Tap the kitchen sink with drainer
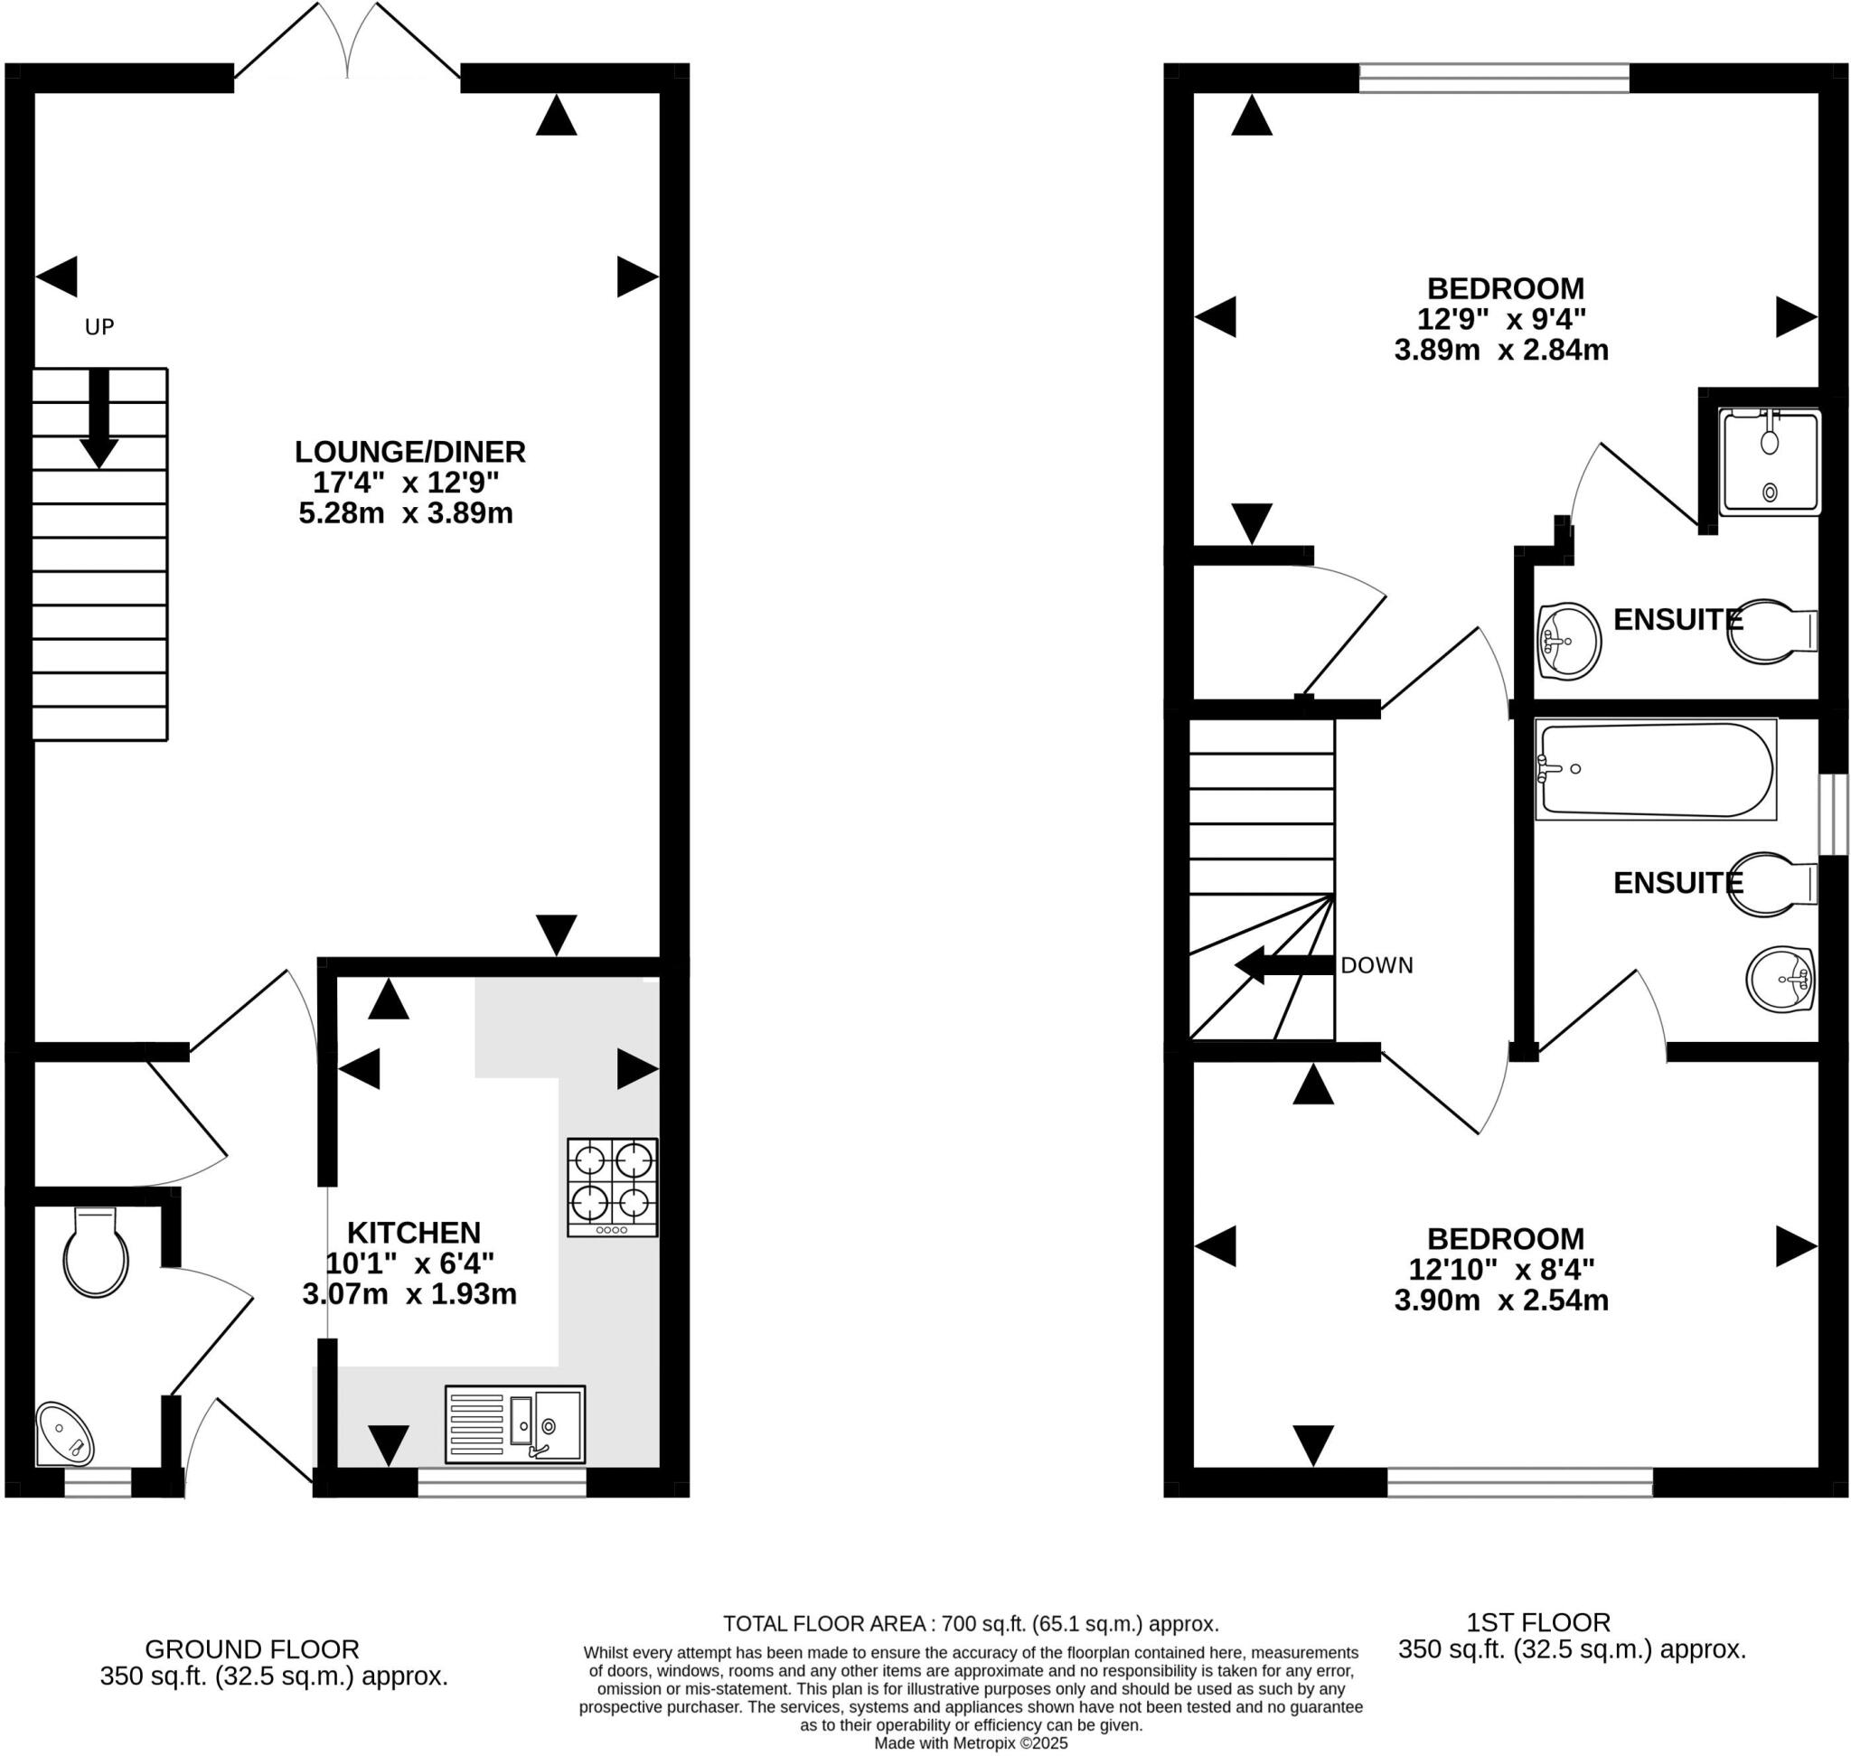(514, 1423)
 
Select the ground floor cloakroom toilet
(95, 1254)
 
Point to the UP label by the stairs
(99, 326)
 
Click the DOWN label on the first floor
(1376, 965)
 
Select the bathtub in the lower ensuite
(1654, 769)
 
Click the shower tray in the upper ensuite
(1770, 463)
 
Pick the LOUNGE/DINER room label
(410, 452)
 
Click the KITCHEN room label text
(414, 1232)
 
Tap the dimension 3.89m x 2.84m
(1501, 350)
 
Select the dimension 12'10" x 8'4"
(1501, 1269)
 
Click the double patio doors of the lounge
(347, 42)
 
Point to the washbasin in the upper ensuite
(1568, 641)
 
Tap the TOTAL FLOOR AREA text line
(970, 1623)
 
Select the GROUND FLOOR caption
(252, 1648)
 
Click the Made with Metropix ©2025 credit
(970, 1742)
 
